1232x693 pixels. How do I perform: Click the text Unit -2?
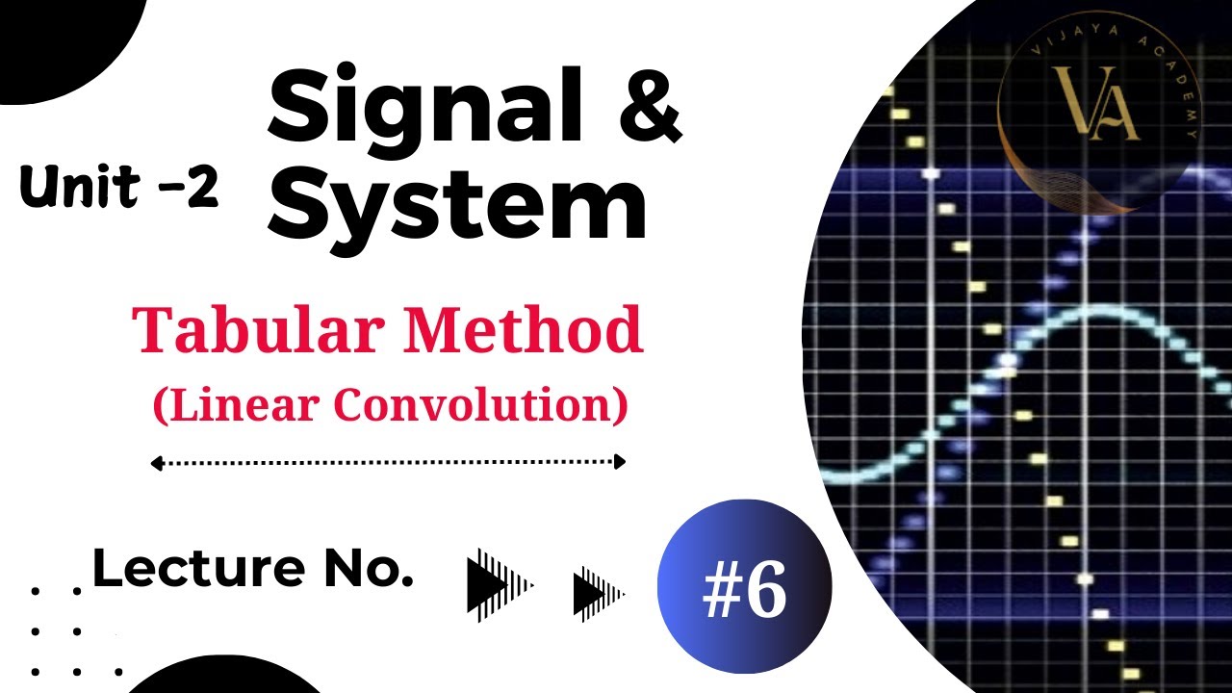pos(118,188)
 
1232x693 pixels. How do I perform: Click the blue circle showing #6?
pos(744,587)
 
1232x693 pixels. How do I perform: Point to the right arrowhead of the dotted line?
pos(620,462)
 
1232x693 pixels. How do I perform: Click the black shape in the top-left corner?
pos(58,38)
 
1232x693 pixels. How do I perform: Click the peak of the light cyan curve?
pos(1097,309)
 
